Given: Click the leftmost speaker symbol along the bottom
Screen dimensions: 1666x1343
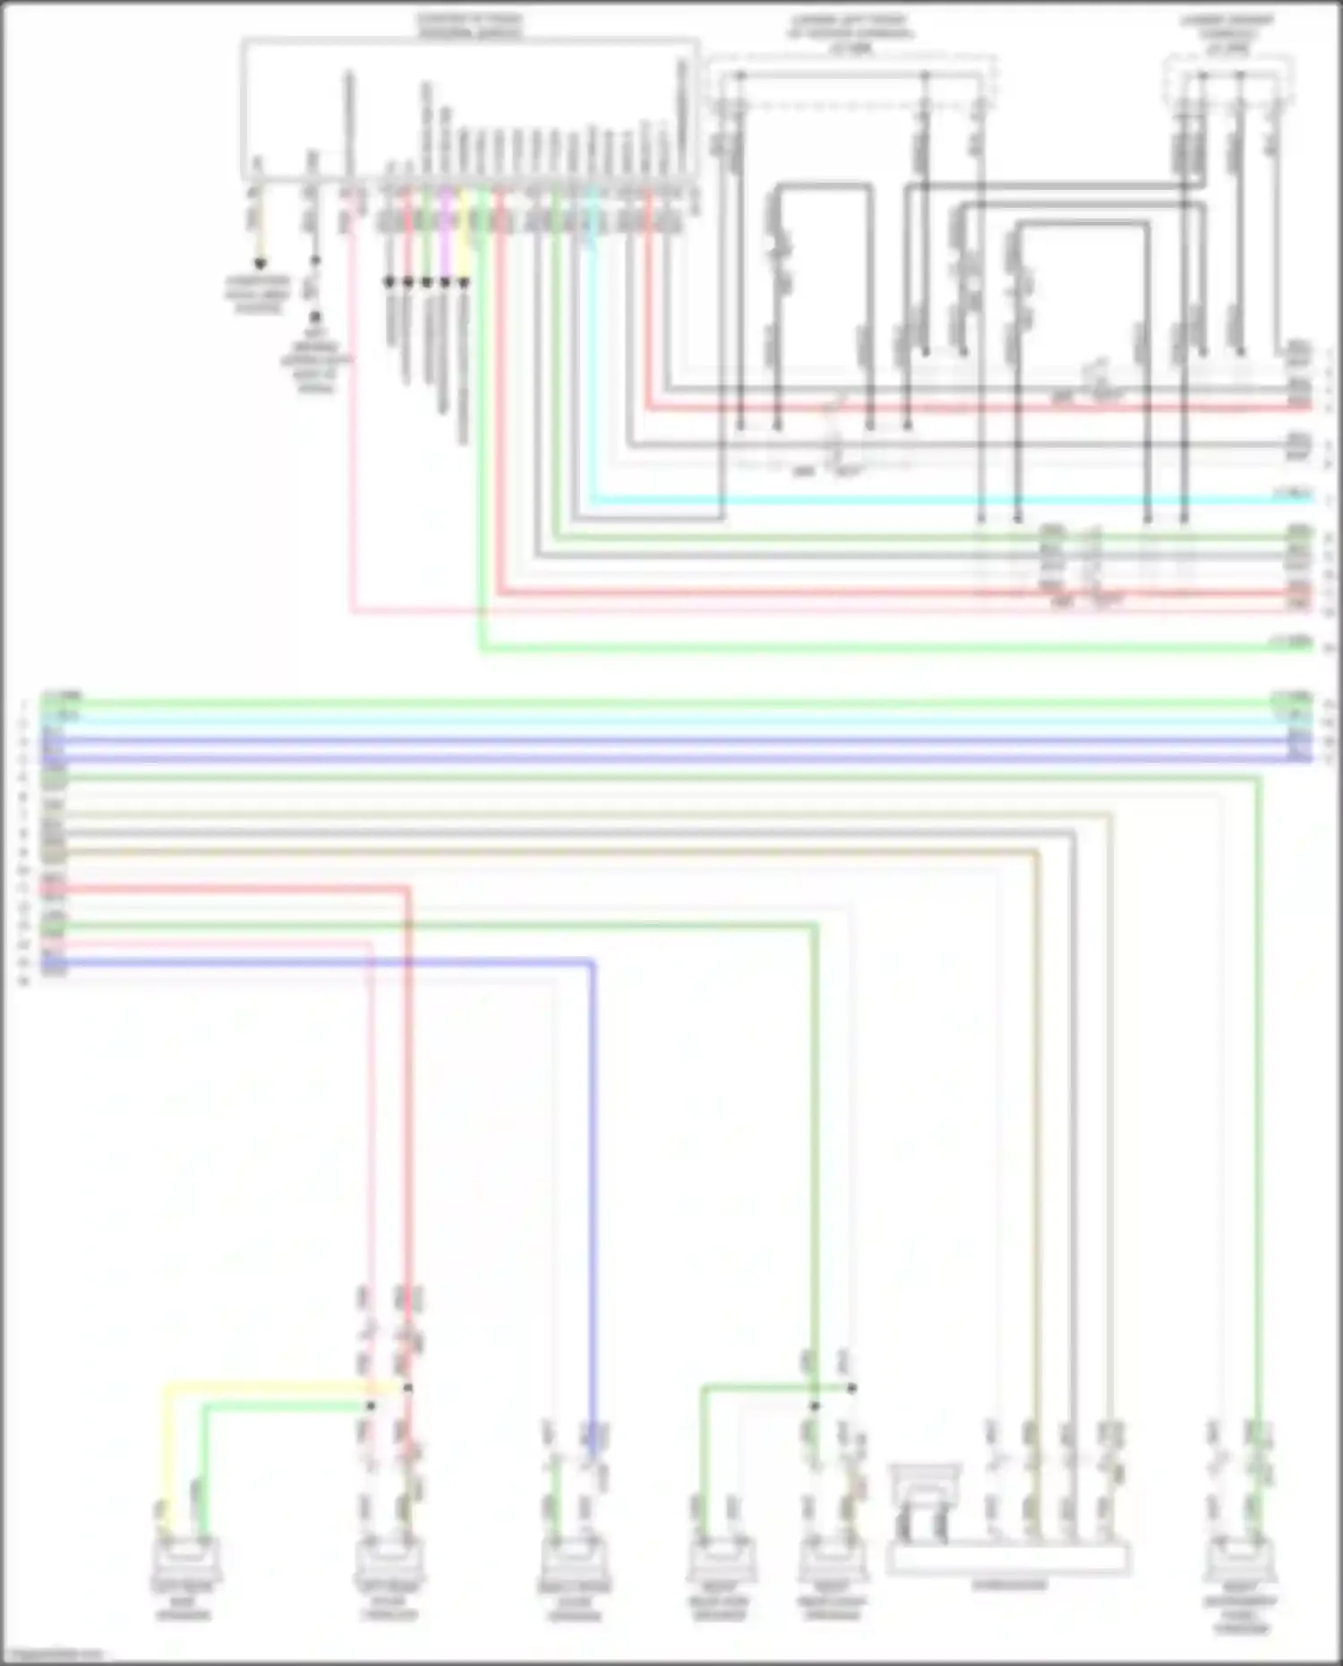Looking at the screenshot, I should click(x=187, y=1559).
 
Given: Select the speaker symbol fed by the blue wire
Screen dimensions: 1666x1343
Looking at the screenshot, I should click(x=573, y=1559).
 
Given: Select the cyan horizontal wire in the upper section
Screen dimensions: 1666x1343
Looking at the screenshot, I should click(x=895, y=499).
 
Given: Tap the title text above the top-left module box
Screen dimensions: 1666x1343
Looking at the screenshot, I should click(x=471, y=25).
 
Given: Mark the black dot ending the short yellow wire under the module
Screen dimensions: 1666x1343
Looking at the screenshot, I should click(x=261, y=264).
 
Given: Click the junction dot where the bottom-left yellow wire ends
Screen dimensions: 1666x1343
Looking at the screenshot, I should click(x=407, y=1388).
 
